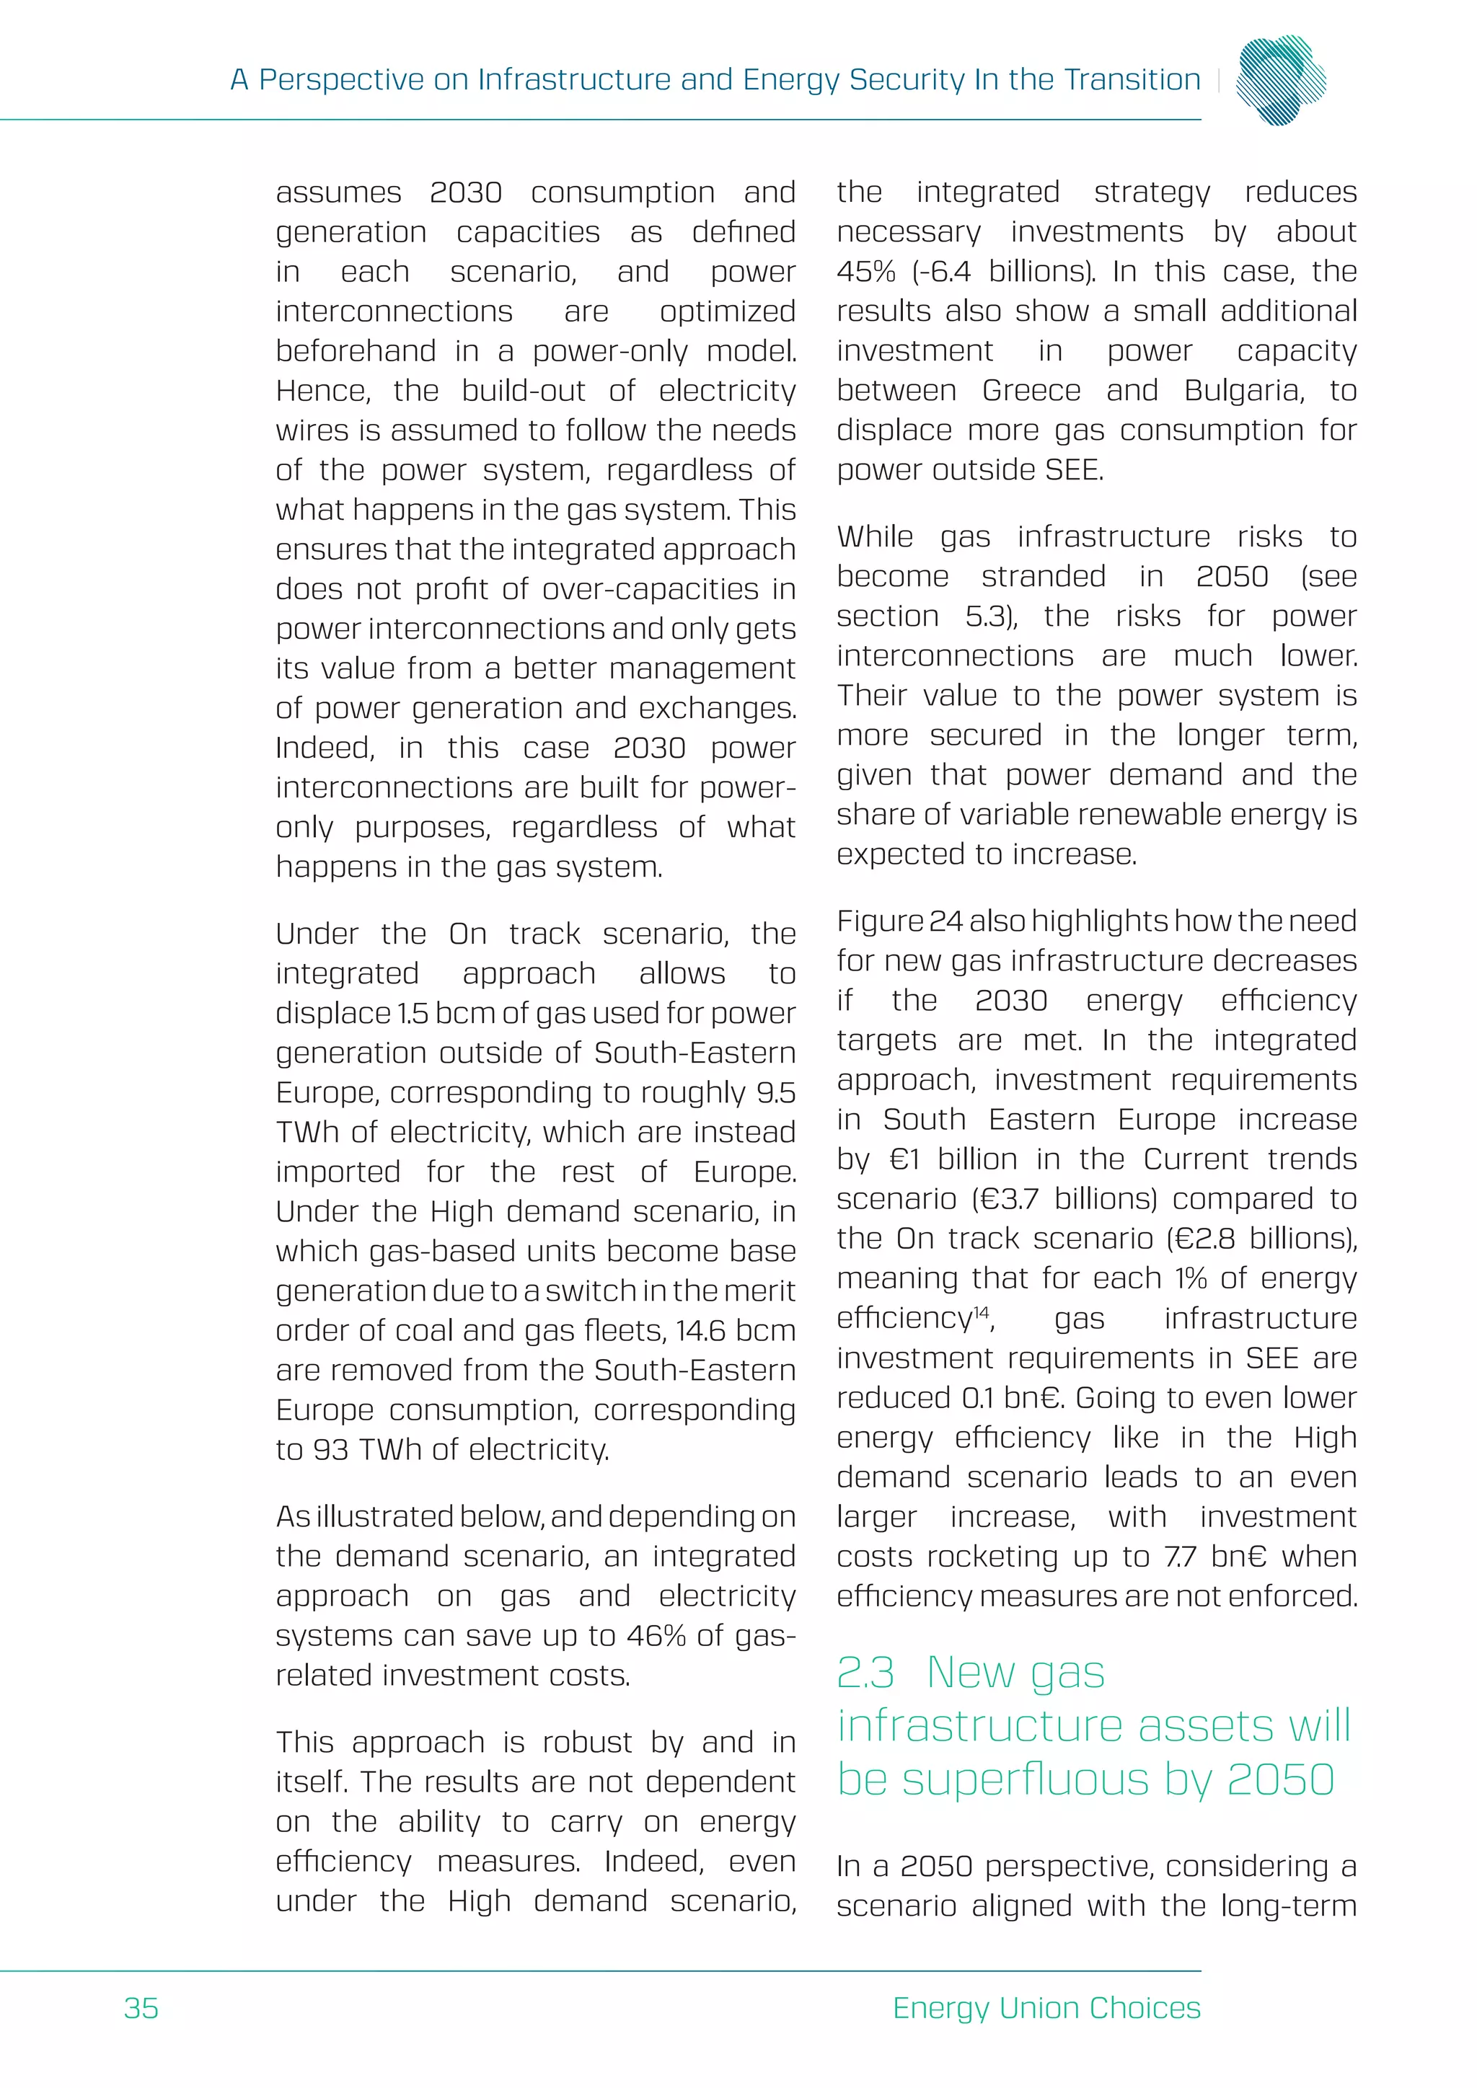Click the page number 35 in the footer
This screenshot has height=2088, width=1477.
tap(141, 2007)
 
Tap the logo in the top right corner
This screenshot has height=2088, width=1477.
tap(1282, 80)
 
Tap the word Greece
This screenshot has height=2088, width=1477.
tap(1031, 390)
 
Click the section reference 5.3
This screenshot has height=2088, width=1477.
tap(989, 616)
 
